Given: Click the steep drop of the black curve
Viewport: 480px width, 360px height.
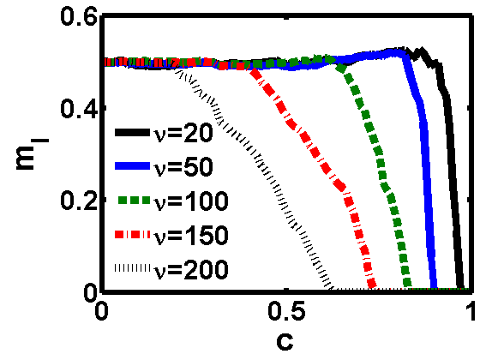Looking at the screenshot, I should click(451, 171).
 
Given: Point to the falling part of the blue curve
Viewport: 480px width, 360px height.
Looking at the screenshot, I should click(427, 171).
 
